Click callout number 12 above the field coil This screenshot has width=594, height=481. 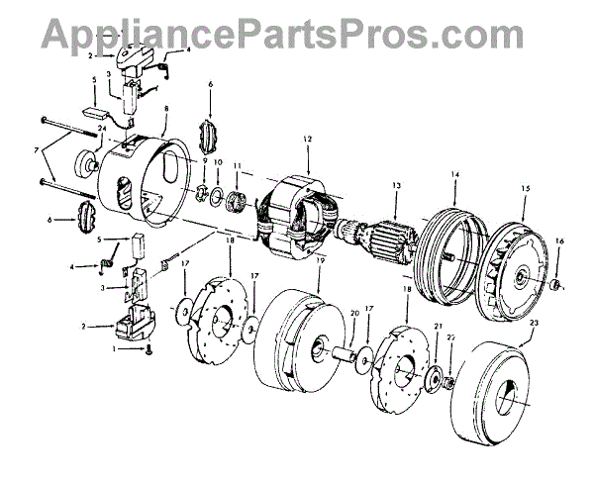point(308,139)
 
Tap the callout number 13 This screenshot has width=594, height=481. point(396,185)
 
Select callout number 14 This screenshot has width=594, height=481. point(455,175)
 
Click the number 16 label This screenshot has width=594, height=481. point(559,240)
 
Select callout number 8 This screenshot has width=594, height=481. point(166,109)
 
